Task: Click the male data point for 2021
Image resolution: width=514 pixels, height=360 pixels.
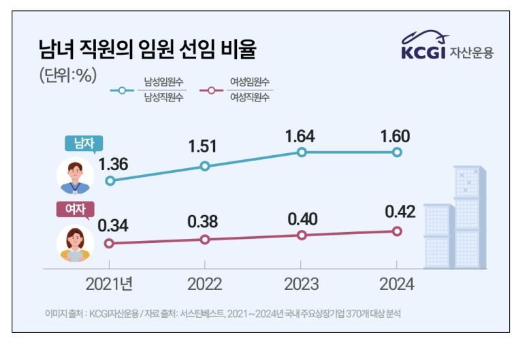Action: click(x=110, y=181)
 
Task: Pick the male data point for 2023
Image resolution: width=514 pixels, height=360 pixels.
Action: click(x=302, y=152)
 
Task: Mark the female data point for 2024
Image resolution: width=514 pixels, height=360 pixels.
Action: click(x=398, y=231)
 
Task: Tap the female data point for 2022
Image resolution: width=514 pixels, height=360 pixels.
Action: click(x=206, y=239)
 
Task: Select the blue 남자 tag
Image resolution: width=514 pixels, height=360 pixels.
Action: click(x=80, y=144)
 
